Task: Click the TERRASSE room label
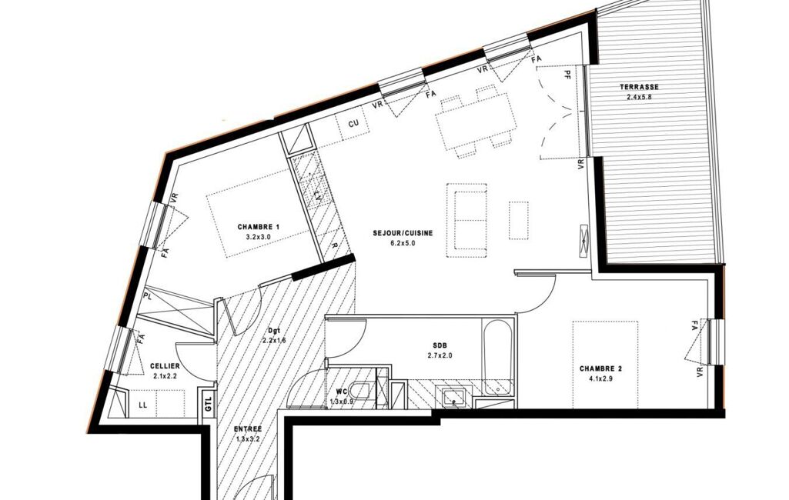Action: (x=639, y=87)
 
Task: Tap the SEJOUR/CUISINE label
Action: (x=403, y=233)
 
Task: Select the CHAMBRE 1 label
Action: (x=259, y=227)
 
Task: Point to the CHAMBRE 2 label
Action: (x=600, y=368)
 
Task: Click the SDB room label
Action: (x=440, y=345)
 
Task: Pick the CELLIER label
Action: (x=165, y=366)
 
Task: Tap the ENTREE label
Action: (x=248, y=429)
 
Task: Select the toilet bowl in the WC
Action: (x=361, y=392)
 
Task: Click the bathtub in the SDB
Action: (x=497, y=356)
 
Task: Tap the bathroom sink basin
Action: (x=454, y=397)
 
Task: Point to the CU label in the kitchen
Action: (x=354, y=123)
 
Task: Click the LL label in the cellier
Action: (x=143, y=405)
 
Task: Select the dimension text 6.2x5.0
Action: (x=403, y=243)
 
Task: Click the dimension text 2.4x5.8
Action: (x=639, y=97)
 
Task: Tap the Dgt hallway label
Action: (x=274, y=331)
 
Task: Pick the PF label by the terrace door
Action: (x=567, y=75)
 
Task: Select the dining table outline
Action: (x=476, y=125)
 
